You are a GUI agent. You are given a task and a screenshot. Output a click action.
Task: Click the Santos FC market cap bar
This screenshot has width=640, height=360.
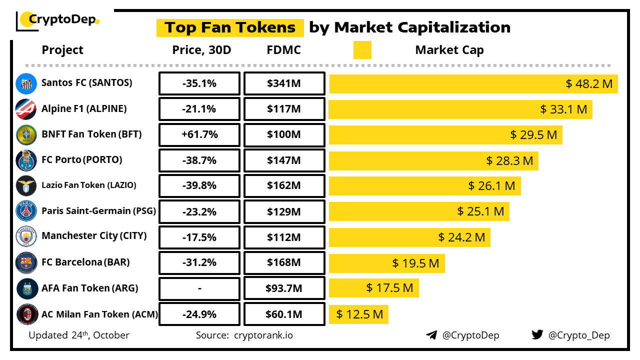point(473,83)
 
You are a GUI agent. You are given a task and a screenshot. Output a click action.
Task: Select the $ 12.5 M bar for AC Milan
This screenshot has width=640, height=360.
point(358,314)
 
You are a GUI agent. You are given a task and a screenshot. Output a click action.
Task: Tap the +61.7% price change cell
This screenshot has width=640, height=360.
point(199,135)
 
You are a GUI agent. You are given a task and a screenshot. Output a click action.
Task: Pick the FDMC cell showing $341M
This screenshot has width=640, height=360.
point(284,83)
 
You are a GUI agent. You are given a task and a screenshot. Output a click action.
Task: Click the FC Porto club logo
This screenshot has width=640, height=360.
point(26,160)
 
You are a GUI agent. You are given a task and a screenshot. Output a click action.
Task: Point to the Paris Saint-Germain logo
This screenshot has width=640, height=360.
point(26,211)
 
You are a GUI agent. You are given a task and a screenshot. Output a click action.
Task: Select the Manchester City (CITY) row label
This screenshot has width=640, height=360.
point(94,235)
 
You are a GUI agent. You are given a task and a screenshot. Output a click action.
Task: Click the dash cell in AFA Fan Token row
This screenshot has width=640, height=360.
point(199,288)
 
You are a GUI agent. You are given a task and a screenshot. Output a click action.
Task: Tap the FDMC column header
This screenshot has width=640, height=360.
point(284,50)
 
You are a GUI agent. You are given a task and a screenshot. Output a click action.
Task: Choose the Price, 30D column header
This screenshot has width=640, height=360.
point(201,50)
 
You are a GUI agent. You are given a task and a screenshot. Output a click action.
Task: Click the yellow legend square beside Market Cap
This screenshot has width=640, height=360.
point(362,50)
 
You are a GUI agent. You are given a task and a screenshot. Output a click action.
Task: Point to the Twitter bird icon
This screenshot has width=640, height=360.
point(537,334)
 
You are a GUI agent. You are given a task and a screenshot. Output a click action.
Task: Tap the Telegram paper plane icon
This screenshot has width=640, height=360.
point(431,335)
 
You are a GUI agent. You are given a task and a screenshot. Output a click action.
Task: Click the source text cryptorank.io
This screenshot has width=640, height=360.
point(263,335)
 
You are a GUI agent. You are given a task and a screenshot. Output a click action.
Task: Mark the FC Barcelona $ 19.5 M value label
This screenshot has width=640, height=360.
point(415,263)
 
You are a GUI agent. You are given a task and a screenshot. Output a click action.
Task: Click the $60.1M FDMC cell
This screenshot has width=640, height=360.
point(284,314)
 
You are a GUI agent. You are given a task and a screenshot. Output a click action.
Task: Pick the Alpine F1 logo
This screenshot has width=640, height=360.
point(26,109)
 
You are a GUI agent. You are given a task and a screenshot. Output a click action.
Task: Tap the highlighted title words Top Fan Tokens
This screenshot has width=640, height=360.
point(230,27)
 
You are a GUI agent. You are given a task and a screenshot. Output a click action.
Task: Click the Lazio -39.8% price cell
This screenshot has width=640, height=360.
point(199,186)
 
